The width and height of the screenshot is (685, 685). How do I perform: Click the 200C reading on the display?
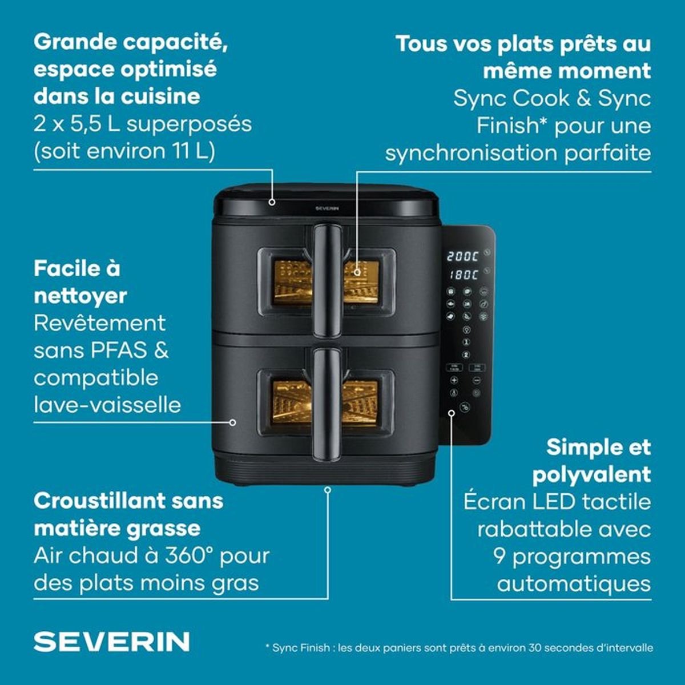(x=462, y=256)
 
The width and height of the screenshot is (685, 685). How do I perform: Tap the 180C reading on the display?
(x=464, y=275)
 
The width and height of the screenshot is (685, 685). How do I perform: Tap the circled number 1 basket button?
(x=466, y=342)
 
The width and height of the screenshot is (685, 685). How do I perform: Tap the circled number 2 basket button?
(x=466, y=354)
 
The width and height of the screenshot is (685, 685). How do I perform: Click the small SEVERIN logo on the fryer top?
(x=327, y=209)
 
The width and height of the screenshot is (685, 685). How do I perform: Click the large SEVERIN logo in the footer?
(x=112, y=642)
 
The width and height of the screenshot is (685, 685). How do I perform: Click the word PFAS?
(x=118, y=350)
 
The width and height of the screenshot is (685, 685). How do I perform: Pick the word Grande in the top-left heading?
(x=75, y=42)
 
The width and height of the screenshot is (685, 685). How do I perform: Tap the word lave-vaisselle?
(x=107, y=405)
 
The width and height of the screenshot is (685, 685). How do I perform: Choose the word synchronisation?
(x=472, y=154)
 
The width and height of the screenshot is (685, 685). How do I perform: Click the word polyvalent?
(x=591, y=475)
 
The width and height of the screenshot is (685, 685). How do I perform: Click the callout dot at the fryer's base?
(x=328, y=490)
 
